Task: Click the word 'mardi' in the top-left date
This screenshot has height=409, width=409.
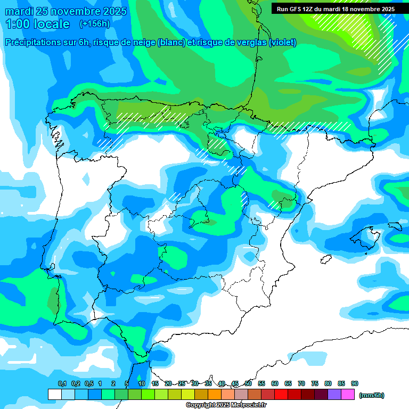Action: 19,11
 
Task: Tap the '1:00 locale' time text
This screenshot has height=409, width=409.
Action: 37,24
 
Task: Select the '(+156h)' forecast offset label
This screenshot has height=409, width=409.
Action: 94,24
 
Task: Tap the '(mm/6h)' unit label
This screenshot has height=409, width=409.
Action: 371,395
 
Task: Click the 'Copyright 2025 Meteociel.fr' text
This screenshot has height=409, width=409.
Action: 226,405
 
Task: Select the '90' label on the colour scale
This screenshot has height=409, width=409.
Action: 355,383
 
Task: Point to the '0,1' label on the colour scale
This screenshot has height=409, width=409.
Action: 62,383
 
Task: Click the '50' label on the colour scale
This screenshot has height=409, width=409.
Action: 248,383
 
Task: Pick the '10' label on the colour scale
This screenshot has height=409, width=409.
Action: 142,383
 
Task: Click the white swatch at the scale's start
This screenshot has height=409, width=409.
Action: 55,394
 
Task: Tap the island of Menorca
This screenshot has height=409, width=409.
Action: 395,226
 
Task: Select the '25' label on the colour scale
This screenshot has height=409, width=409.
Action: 182,383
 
